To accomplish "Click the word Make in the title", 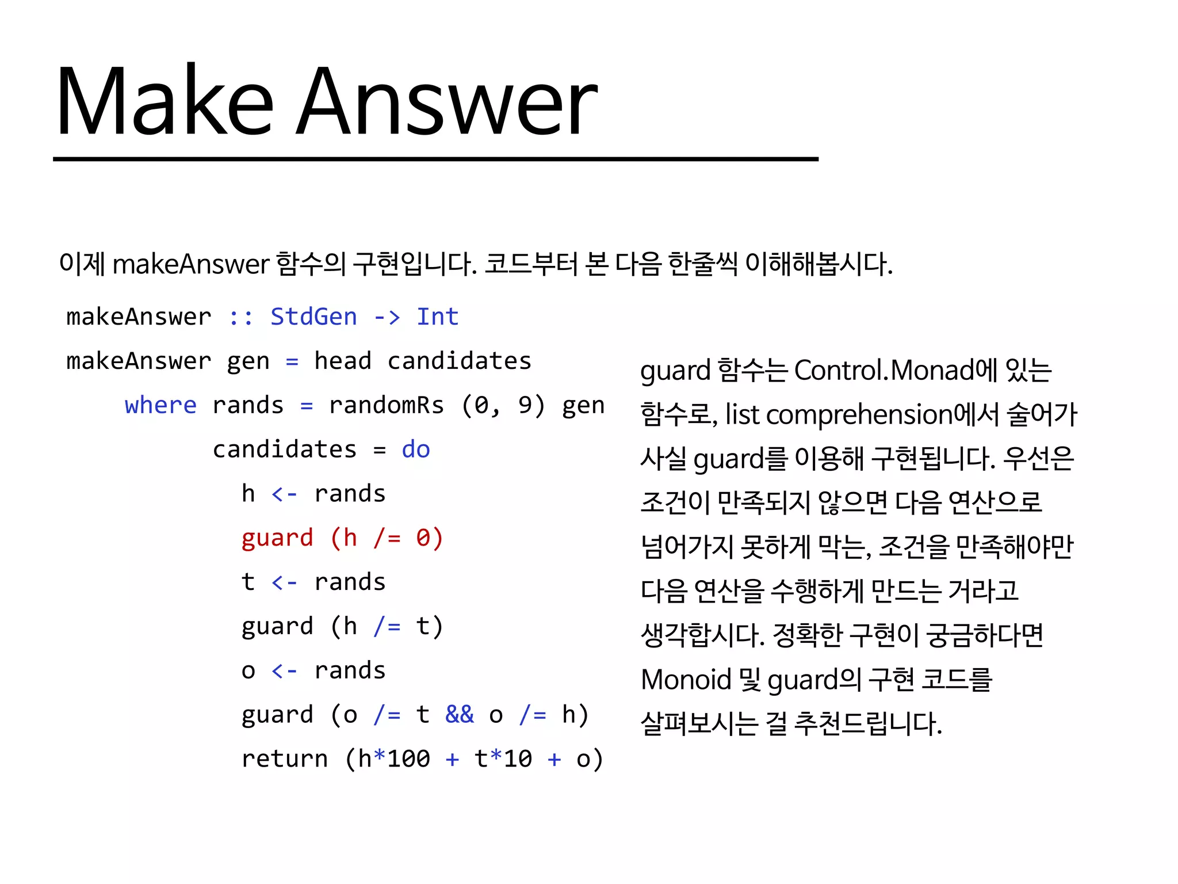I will point(164,102).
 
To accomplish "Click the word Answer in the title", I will point(447,102).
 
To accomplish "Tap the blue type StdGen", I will point(313,317).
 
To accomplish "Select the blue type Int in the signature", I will point(437,317).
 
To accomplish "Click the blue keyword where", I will point(160,406).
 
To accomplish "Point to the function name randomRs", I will point(386,406).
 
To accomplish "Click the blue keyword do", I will point(415,450).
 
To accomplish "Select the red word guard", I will point(277,539).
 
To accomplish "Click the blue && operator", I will point(459,715).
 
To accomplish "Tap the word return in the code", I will point(284,759).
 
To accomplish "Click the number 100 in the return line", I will point(408,759).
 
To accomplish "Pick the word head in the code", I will point(342,361).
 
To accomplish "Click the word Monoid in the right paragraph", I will point(685,680).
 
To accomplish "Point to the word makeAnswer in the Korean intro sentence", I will point(190,265).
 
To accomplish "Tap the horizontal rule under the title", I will point(435,159).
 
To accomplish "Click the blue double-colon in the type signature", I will point(240,317).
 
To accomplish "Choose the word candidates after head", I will point(459,361).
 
